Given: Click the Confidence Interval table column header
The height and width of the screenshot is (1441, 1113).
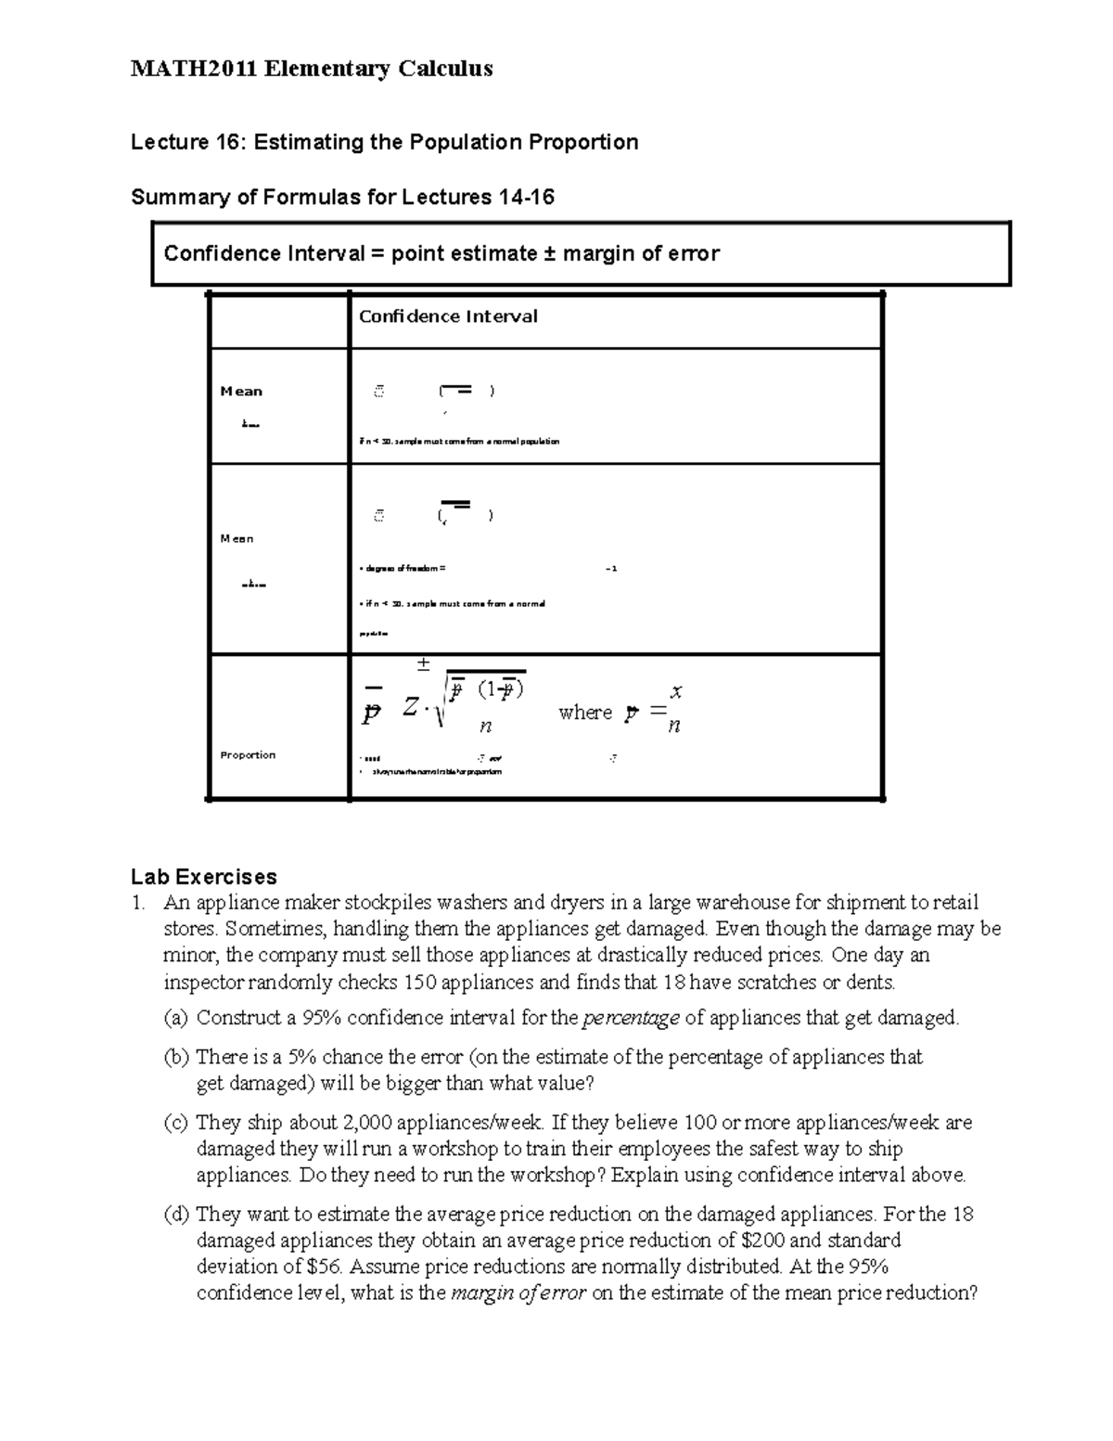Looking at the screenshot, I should tap(448, 316).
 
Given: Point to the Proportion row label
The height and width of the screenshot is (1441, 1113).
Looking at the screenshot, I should tap(248, 755).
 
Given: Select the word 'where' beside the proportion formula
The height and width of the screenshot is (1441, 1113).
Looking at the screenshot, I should tap(585, 713).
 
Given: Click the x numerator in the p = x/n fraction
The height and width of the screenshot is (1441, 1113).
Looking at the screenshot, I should tap(676, 691).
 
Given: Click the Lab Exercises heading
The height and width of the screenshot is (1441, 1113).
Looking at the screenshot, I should tap(204, 877).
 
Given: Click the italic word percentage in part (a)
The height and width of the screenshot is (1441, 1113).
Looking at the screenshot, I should tap(631, 1018).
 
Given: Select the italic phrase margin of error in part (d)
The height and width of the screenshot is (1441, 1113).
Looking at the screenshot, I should tap(518, 1293).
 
